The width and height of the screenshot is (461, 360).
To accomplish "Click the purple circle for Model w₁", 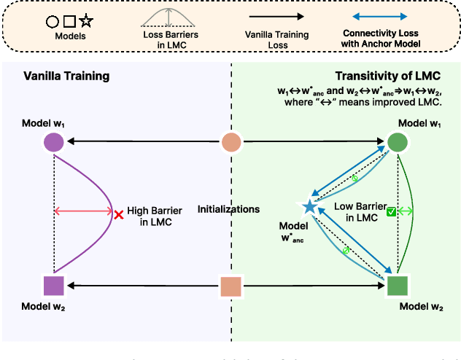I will click(x=54, y=141).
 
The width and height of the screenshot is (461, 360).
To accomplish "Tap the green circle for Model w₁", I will click(x=397, y=141).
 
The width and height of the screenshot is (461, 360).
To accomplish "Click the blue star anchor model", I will click(x=309, y=207).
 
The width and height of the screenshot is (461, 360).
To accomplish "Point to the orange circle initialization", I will click(x=230, y=141).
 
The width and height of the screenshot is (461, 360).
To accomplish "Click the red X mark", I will click(x=118, y=214).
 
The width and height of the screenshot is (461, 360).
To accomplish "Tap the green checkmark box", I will click(x=391, y=212).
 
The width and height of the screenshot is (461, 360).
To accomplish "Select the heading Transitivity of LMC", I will click(x=386, y=77).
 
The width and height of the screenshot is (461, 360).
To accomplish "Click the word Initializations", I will click(x=228, y=209).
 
